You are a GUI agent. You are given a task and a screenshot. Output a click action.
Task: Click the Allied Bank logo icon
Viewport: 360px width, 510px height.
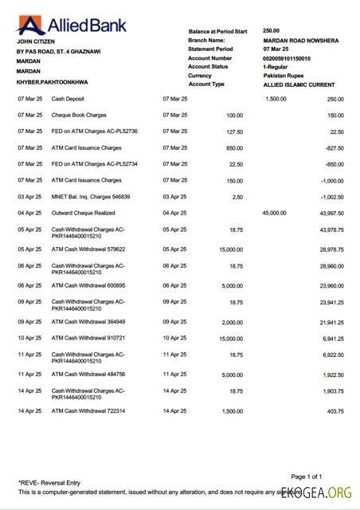27,22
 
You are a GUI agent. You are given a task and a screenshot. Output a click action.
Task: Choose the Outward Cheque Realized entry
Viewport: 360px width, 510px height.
84,214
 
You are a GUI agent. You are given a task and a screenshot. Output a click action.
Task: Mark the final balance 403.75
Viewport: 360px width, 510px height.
333,410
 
